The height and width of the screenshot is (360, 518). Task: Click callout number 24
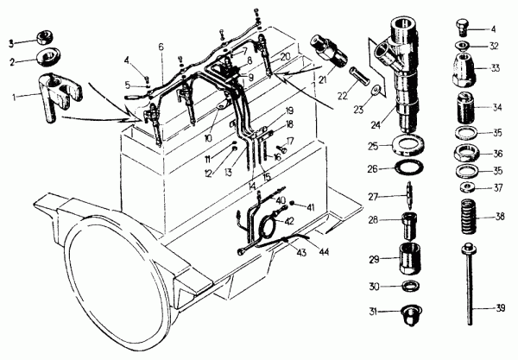(x=376, y=125)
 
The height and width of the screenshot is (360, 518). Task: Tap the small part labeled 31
(x=412, y=315)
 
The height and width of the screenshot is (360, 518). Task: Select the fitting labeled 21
(x=329, y=51)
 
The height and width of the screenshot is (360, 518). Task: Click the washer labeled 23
(x=376, y=90)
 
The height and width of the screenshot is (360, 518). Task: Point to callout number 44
(x=324, y=252)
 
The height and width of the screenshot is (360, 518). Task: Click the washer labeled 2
(x=49, y=58)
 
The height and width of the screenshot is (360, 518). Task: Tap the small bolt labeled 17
(x=281, y=149)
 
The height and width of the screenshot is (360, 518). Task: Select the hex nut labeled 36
(x=465, y=153)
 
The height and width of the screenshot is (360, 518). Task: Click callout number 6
(x=161, y=47)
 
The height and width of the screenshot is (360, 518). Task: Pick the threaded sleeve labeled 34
(x=464, y=107)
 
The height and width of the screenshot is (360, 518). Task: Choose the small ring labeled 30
(x=412, y=287)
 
